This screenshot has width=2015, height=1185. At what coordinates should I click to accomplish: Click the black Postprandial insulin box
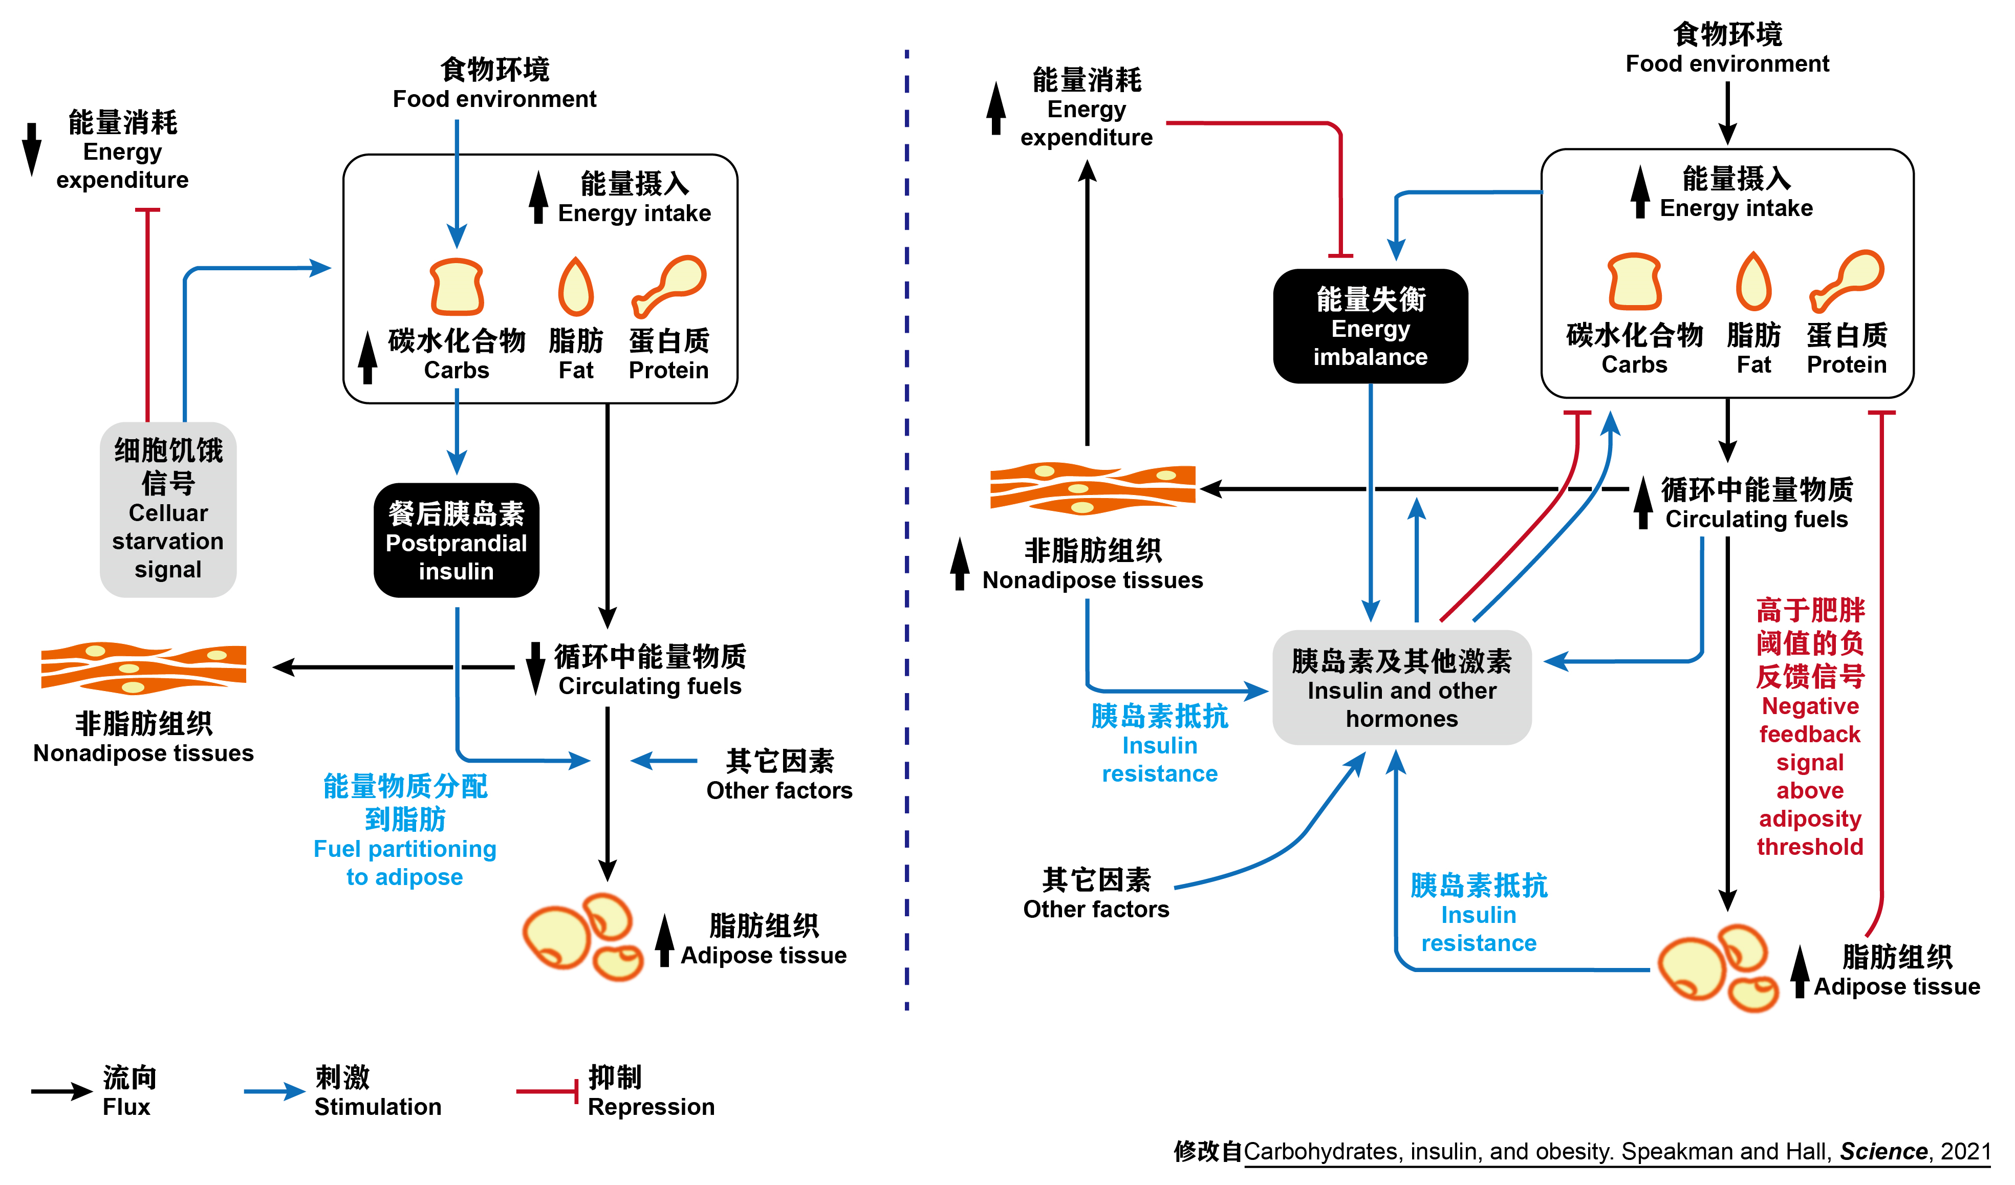(x=456, y=541)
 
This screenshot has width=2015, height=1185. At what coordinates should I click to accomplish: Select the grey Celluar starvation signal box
(x=168, y=509)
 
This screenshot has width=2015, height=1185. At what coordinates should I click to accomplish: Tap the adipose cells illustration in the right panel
(x=1718, y=967)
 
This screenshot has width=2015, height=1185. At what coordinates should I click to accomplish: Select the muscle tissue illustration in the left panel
(x=144, y=667)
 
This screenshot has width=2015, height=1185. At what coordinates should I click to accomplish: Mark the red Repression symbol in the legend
(x=548, y=1091)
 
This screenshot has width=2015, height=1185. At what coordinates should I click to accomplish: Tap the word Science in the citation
(x=1883, y=1151)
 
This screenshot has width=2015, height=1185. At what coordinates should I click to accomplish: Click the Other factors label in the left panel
(x=779, y=775)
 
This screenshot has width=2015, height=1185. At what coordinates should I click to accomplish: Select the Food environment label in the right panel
(x=1727, y=50)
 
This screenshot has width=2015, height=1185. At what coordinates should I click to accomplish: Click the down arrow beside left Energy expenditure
(x=31, y=149)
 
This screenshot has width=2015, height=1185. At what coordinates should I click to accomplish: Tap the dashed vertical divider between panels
(x=907, y=528)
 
